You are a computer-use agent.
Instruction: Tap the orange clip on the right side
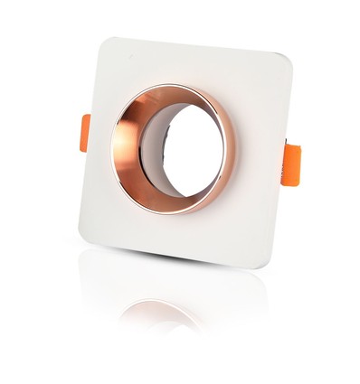(x=290, y=163)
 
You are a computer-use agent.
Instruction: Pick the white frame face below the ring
(x=172, y=233)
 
